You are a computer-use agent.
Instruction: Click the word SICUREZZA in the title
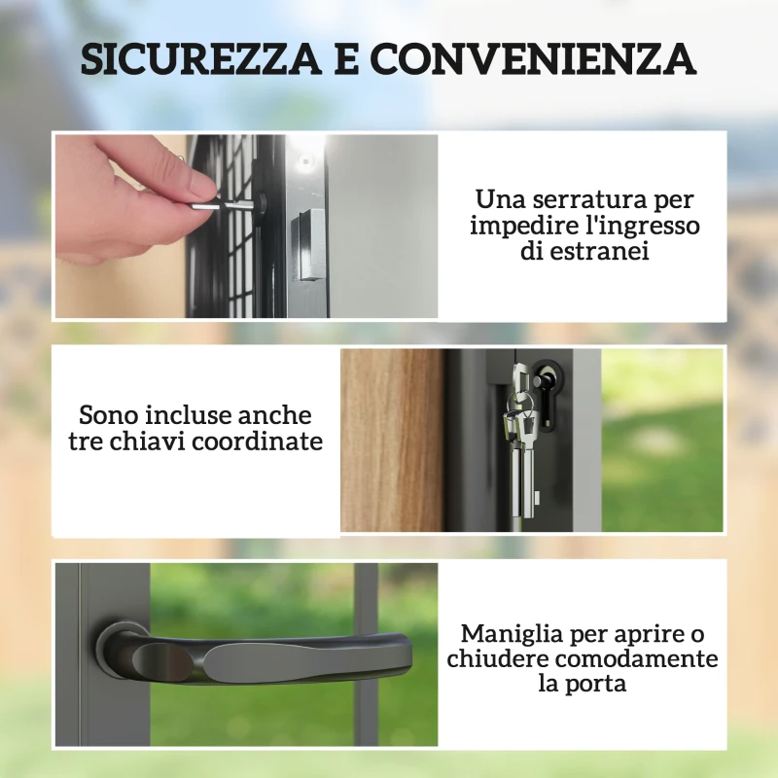point(198,60)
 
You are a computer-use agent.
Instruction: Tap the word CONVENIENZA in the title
point(532,60)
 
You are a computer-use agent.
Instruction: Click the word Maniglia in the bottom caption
point(509,634)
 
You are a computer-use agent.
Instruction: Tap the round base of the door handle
point(114,650)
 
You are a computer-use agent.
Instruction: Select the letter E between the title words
point(346,60)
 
